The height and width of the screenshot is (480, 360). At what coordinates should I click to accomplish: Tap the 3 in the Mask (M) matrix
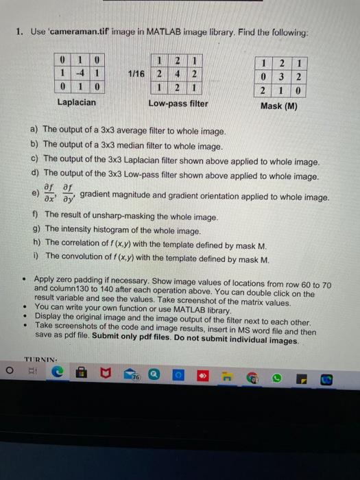point(280,76)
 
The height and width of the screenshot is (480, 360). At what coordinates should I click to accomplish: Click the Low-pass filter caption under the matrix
point(178,103)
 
